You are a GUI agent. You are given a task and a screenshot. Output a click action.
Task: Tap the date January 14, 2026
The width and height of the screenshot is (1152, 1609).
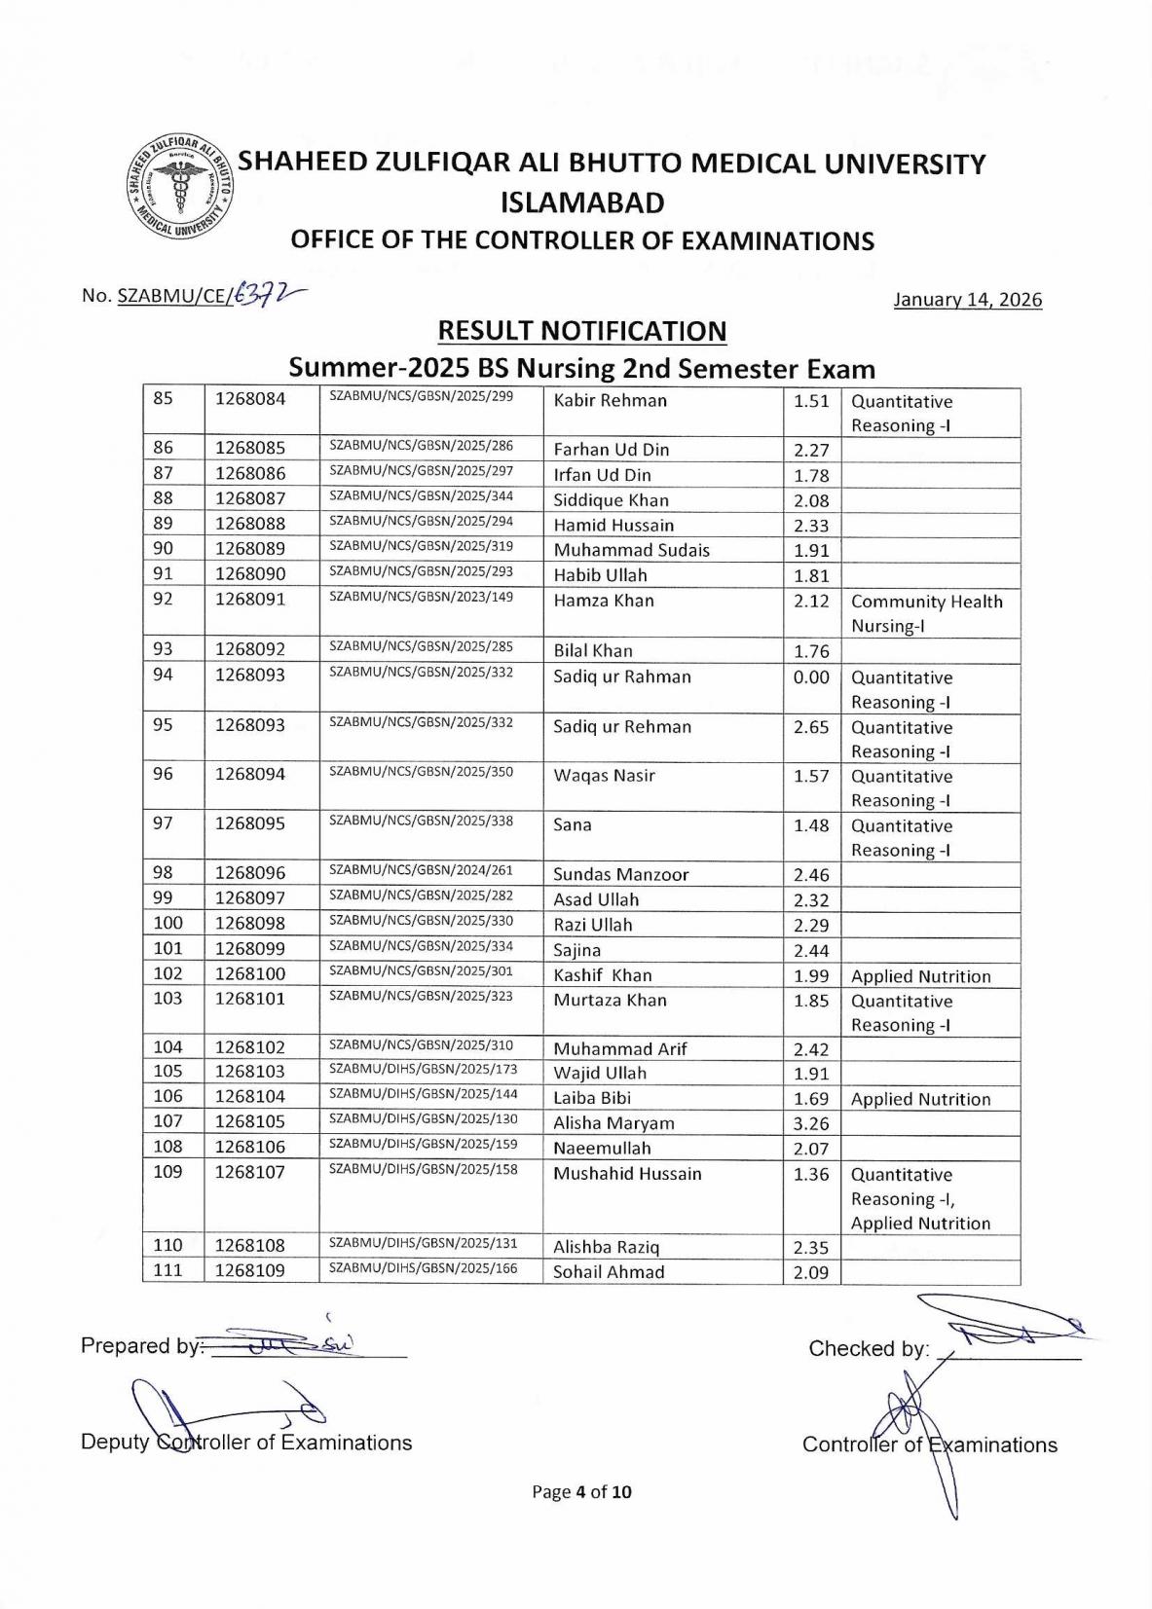point(967,300)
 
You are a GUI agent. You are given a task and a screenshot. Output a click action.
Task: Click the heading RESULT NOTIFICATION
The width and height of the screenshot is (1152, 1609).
point(581,331)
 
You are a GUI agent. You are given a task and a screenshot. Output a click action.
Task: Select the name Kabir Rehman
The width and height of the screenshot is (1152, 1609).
point(610,401)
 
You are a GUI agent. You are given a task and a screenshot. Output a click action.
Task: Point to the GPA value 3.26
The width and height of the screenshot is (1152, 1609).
point(810,1122)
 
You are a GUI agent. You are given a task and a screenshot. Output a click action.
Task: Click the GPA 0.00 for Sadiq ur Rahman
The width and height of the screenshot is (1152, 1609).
point(810,677)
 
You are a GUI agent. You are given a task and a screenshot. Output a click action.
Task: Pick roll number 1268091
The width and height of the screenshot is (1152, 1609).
point(250,600)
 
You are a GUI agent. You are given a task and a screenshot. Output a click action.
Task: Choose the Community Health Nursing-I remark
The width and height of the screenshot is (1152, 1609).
point(925,613)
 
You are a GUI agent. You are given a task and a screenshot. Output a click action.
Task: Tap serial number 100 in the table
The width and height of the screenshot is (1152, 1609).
point(167,923)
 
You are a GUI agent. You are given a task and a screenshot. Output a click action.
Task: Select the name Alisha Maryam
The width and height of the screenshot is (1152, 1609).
point(613,1122)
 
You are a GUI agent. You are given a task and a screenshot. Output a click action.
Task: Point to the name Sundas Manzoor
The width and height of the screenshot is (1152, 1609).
point(620,874)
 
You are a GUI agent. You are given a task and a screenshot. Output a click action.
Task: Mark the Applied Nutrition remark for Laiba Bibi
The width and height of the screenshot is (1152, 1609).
point(920,1099)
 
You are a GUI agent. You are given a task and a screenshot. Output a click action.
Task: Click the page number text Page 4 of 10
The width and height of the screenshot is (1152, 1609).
point(581,1491)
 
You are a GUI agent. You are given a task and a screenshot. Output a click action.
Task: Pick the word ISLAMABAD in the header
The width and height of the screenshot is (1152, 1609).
point(581,202)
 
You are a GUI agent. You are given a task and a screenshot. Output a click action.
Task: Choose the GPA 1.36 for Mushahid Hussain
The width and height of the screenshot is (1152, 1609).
point(810,1174)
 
